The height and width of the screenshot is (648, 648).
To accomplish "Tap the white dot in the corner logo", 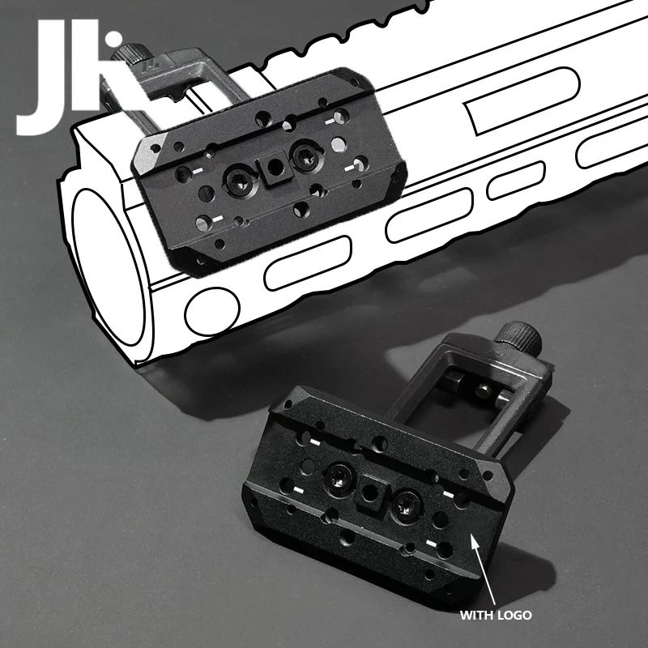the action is pos(113,39).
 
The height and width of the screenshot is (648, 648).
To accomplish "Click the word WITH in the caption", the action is pos(476,616).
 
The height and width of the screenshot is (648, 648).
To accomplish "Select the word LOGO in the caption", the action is pos(514,616).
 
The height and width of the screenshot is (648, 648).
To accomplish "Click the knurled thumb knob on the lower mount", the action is pos(518,335).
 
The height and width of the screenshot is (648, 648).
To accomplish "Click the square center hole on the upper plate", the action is pos(274,168).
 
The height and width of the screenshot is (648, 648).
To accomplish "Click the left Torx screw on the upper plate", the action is pos(238,181).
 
